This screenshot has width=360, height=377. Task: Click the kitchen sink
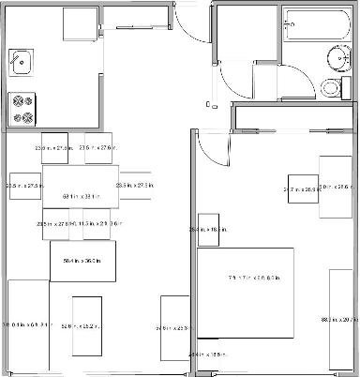pos(20,63)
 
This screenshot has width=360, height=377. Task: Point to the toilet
pos(330,88)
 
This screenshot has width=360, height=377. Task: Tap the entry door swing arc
pos(188,23)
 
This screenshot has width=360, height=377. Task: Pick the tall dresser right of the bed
pos(341,318)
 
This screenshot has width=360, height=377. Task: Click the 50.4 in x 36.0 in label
pos(82,260)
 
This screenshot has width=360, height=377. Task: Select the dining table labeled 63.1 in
pos(81,196)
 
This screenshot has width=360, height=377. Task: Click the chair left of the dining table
pos(25,186)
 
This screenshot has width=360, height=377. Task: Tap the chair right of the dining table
pos(136,186)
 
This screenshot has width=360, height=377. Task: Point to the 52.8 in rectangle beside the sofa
pos(87,326)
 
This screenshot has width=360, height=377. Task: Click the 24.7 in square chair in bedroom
pos(302,189)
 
